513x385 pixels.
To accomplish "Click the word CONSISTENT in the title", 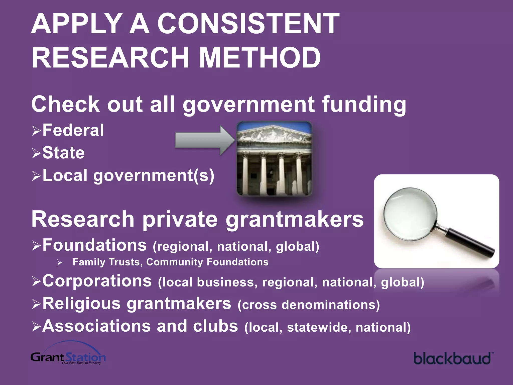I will [x=248, y=24].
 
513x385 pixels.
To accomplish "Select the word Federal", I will [x=73, y=130].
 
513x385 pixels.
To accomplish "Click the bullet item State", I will [x=63, y=153].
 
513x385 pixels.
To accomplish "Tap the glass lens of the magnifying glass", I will [x=410, y=214].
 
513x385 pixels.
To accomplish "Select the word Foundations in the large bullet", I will [x=94, y=245].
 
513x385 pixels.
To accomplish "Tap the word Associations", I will [x=96, y=326].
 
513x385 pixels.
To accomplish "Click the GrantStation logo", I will [x=68, y=356].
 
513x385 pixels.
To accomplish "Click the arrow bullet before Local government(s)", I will [x=36, y=176].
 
